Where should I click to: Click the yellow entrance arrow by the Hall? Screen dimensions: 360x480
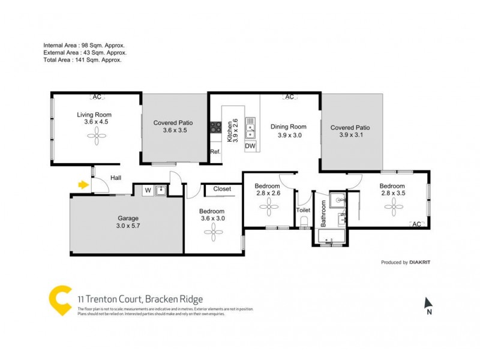[83, 184]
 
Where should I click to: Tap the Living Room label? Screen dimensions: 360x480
[94, 115]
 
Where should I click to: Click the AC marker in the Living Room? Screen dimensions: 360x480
[96, 97]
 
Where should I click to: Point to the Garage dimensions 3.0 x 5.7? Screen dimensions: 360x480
[127, 226]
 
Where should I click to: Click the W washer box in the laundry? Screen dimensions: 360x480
[147, 191]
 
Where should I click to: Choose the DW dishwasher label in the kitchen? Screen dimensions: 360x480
[251, 146]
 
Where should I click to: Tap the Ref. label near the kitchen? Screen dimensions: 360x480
[215, 152]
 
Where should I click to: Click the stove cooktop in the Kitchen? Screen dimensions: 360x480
[214, 127]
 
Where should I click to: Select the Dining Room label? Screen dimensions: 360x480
[288, 127]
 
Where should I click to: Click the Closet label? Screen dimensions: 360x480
[222, 188]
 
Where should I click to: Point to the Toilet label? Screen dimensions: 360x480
[304, 211]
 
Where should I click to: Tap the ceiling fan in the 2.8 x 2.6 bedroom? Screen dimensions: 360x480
[267, 208]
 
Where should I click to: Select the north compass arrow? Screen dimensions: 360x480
[428, 303]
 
